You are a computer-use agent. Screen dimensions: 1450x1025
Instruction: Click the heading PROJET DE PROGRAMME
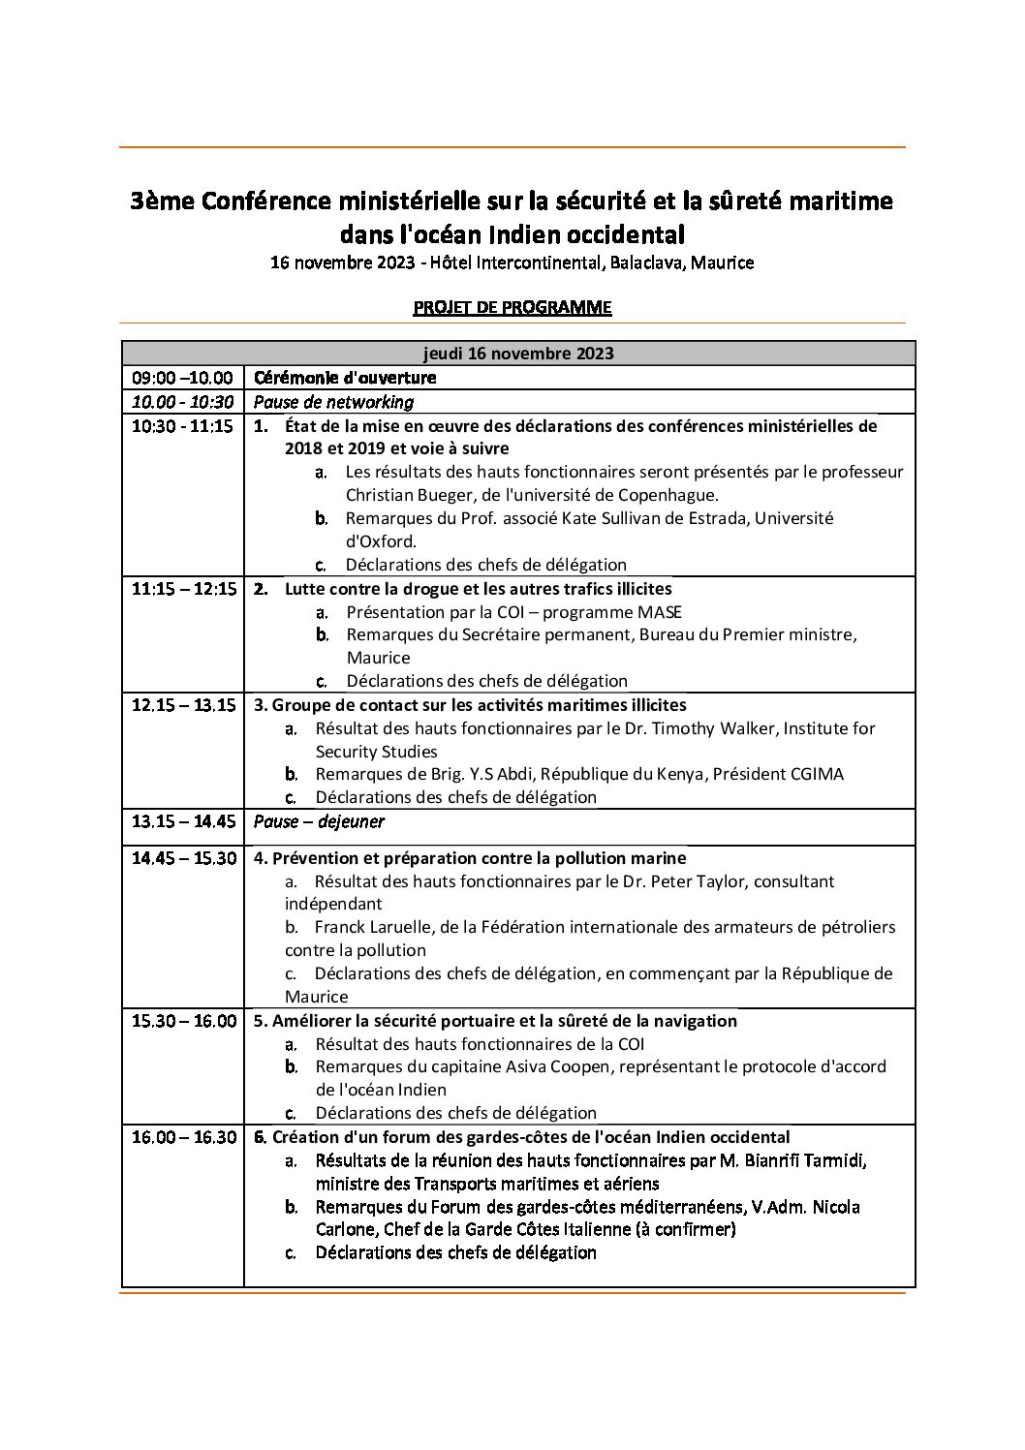click(512, 308)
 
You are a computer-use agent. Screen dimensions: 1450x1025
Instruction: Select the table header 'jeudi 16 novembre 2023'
click(518, 354)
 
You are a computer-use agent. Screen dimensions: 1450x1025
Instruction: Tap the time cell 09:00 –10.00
click(182, 378)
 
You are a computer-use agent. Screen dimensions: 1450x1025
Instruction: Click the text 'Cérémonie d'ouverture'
click(344, 378)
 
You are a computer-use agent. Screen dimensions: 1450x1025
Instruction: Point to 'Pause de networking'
click(333, 402)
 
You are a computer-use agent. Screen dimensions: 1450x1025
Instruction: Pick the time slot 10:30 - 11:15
click(182, 426)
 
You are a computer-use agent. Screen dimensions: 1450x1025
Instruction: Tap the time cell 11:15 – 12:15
click(184, 589)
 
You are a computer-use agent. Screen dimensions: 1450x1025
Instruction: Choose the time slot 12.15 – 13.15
click(184, 705)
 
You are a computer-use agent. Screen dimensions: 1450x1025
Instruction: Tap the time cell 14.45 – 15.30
click(184, 858)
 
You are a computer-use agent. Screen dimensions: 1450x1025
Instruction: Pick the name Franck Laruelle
click(373, 927)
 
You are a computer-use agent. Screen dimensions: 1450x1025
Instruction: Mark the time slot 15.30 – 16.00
click(184, 1021)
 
